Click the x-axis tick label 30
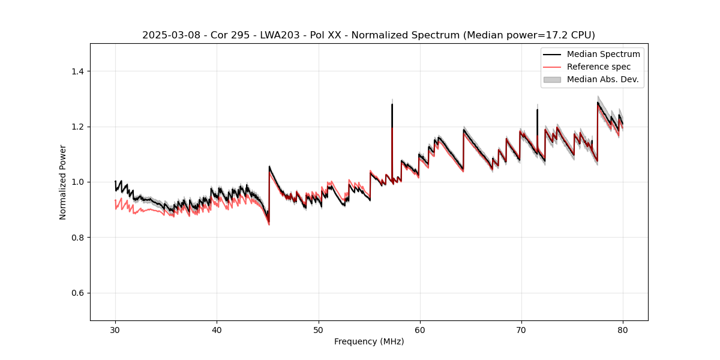[115, 330]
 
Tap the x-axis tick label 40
[217, 330]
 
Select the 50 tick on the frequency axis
[319, 330]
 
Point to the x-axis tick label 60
[420, 330]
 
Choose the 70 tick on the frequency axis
[521, 330]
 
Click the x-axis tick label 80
[623, 330]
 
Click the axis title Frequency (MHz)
[369, 341]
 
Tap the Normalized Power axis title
[62, 182]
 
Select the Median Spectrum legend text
[603, 54]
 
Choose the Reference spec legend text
[599, 67]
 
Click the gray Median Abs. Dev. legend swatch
[552, 79]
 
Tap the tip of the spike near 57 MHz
[392, 104]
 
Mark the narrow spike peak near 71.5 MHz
[537, 110]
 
